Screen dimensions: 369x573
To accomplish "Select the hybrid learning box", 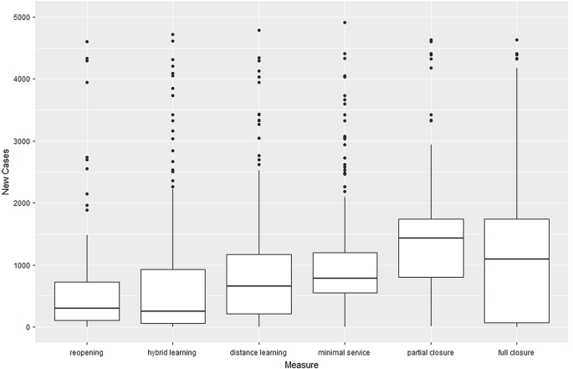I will pos(173,296).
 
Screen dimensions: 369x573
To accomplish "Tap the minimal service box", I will pos(345,273).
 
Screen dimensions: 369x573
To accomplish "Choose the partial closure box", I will pos(431,248).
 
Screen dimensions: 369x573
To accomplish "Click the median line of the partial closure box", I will pos(431,238).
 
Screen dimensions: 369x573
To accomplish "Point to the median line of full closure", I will pos(516,259).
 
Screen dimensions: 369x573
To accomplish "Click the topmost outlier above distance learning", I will pos(259,30).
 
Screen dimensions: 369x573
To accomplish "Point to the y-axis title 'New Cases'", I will pos(7,172).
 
